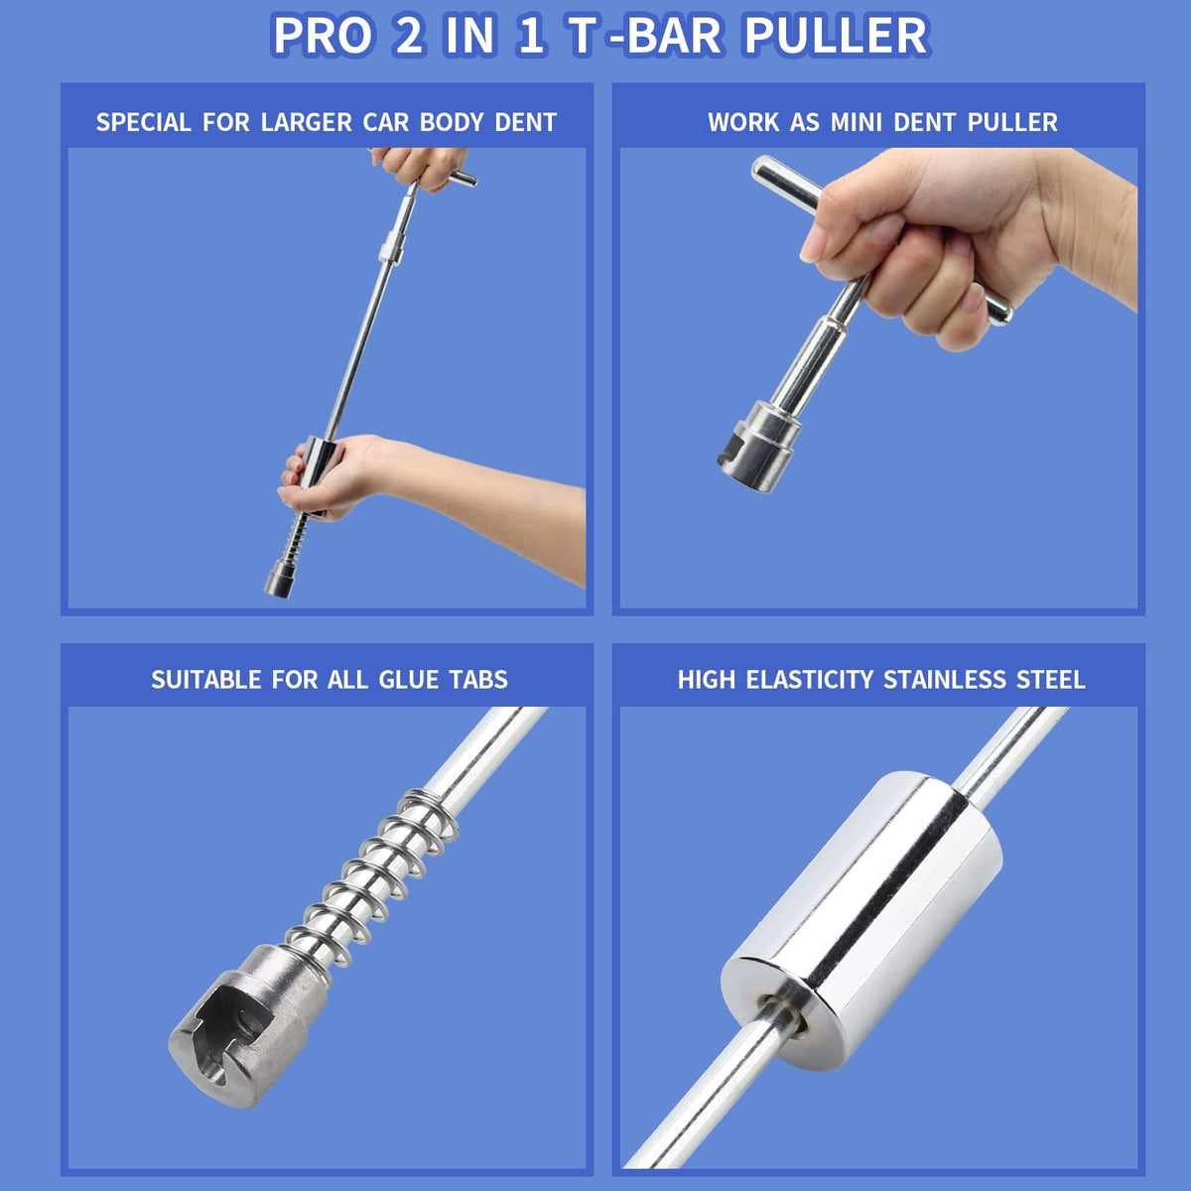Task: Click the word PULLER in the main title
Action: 837,35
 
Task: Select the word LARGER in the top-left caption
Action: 306,122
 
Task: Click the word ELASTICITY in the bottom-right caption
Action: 809,680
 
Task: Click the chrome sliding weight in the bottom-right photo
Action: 861,920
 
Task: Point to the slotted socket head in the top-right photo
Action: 759,447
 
